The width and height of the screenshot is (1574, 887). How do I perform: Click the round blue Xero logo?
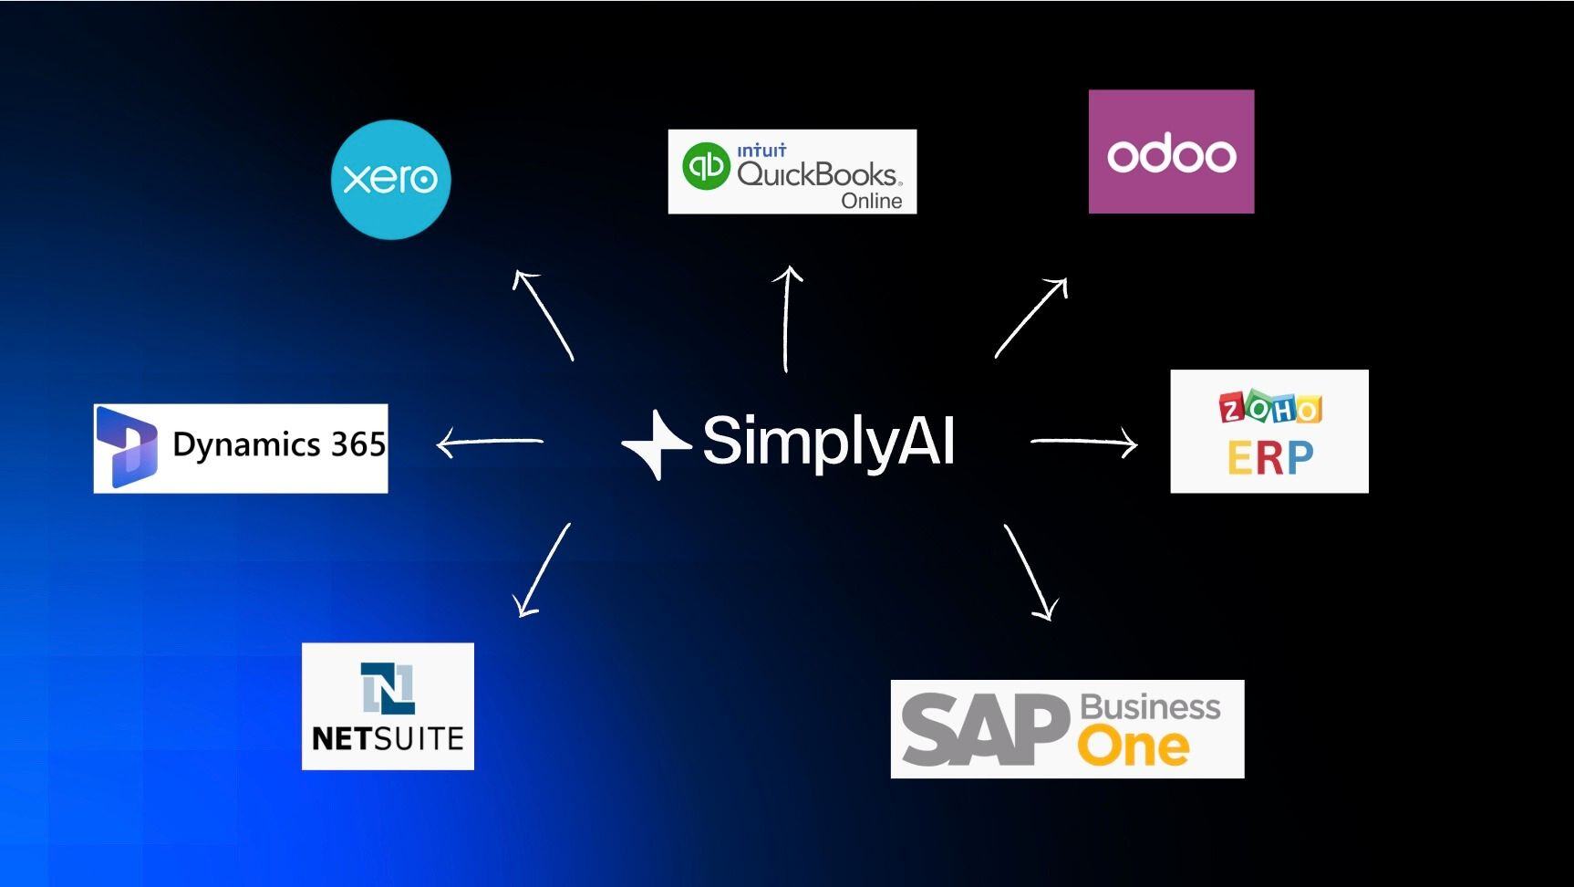[390, 179]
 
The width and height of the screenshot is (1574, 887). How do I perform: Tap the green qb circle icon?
[706, 166]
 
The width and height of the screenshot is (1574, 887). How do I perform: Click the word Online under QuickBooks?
[871, 201]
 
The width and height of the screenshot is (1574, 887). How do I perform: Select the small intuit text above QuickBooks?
[761, 151]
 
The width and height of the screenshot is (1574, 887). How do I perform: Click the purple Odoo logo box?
[1171, 151]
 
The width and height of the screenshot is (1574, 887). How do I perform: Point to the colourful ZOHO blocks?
[1270, 409]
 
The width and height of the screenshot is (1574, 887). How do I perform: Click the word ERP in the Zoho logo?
[1270, 458]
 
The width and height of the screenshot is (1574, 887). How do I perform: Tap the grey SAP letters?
[985, 730]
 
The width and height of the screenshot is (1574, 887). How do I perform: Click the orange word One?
[1134, 747]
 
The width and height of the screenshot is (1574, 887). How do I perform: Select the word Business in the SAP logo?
[1150, 707]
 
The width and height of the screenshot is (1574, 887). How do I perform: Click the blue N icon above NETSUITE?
[388, 688]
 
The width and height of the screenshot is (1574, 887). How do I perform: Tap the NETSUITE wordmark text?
[388, 738]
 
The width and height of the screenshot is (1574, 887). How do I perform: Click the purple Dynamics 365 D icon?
[127, 447]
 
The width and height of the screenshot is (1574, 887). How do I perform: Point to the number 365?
[357, 444]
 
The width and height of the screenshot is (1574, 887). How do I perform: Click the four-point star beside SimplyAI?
[654, 444]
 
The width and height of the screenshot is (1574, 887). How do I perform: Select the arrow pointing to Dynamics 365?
[490, 443]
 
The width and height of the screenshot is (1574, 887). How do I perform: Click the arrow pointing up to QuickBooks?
[787, 318]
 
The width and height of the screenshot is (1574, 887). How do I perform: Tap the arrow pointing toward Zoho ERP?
[1084, 443]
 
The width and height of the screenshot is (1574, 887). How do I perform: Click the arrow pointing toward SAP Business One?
[1031, 572]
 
